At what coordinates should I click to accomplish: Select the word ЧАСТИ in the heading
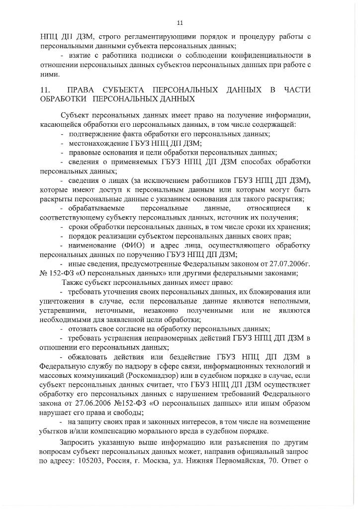pyautogui.click(x=297, y=89)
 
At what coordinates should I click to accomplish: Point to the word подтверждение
pyautogui.click(x=93, y=134)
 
